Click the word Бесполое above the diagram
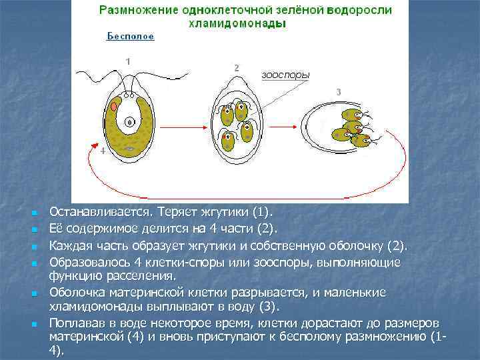pyautogui.click(x=131, y=37)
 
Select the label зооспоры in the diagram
pyautogui.click(x=285, y=75)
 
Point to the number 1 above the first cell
pyautogui.click(x=127, y=61)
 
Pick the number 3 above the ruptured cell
pyautogui.click(x=339, y=91)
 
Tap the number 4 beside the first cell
pyautogui.click(x=102, y=151)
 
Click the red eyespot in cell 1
pyautogui.click(x=115, y=106)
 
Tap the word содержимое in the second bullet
pyautogui.click(x=98, y=229)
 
